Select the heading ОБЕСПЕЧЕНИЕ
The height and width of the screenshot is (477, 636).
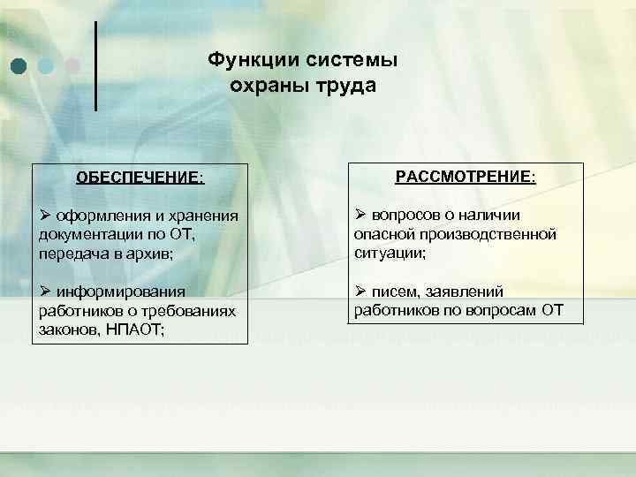click(x=140, y=177)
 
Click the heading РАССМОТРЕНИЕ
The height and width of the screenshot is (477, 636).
click(x=466, y=177)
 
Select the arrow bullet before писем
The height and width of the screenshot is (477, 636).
click(x=360, y=291)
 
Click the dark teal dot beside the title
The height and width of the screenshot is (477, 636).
click(x=19, y=65)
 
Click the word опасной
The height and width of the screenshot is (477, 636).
click(x=382, y=234)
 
